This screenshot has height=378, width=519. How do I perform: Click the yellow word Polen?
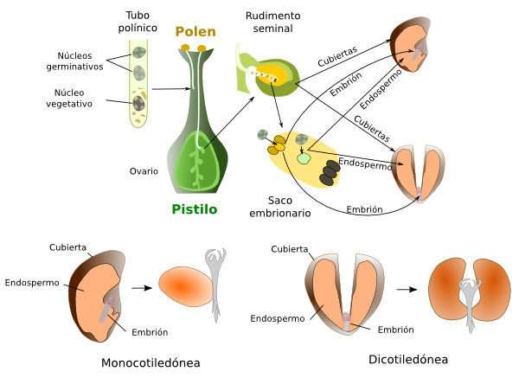pyautogui.click(x=195, y=32)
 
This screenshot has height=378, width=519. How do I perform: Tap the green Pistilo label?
pyautogui.click(x=195, y=209)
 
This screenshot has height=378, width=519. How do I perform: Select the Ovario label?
pyautogui.click(x=144, y=171)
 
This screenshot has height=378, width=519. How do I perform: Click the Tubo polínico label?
pyautogui.click(x=138, y=22)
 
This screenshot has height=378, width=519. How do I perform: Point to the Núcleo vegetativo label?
pyautogui.click(x=69, y=99)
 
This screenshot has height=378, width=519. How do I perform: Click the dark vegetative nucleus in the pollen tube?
pyautogui.click(x=138, y=103)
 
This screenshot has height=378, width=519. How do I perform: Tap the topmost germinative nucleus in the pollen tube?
pyautogui.click(x=139, y=52)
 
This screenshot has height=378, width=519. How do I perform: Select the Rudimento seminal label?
pyautogui.click(x=272, y=22)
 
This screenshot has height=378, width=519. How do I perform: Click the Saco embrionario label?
pyautogui.click(x=280, y=207)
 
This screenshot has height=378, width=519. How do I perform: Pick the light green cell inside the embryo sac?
pyautogui.click(x=304, y=158)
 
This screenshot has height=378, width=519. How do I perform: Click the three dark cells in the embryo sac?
pyautogui.click(x=330, y=172)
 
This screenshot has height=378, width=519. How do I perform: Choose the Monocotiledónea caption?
pyautogui.click(x=151, y=362)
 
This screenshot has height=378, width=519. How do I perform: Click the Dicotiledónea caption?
pyautogui.click(x=408, y=360)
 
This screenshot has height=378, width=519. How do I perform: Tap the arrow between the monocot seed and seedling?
pyautogui.click(x=142, y=288)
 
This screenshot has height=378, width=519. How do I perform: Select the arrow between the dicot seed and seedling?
pyautogui.click(x=407, y=290)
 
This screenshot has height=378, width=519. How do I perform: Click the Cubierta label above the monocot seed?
pyautogui.click(x=67, y=247)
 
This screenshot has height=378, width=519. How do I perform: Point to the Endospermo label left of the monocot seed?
pyautogui.click(x=32, y=283)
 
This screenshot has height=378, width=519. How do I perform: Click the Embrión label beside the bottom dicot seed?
pyautogui.click(x=396, y=330)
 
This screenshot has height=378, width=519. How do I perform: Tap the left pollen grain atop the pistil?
pyautogui.click(x=185, y=48)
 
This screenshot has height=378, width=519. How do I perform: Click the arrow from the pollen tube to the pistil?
pyautogui.click(x=171, y=89)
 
